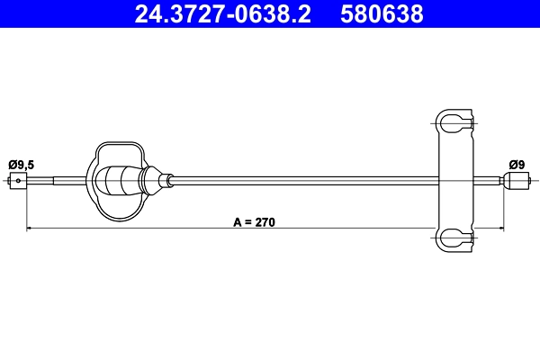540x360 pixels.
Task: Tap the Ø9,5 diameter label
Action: pyautogui.click(x=21, y=164)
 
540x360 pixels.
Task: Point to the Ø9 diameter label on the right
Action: pyautogui.click(x=516, y=164)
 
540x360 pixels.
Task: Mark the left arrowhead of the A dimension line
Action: pyautogui.click(x=31, y=229)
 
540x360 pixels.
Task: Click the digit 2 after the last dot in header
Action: pyautogui.click(x=305, y=15)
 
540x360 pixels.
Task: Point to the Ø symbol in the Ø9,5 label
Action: pyautogui.click(x=12, y=164)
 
